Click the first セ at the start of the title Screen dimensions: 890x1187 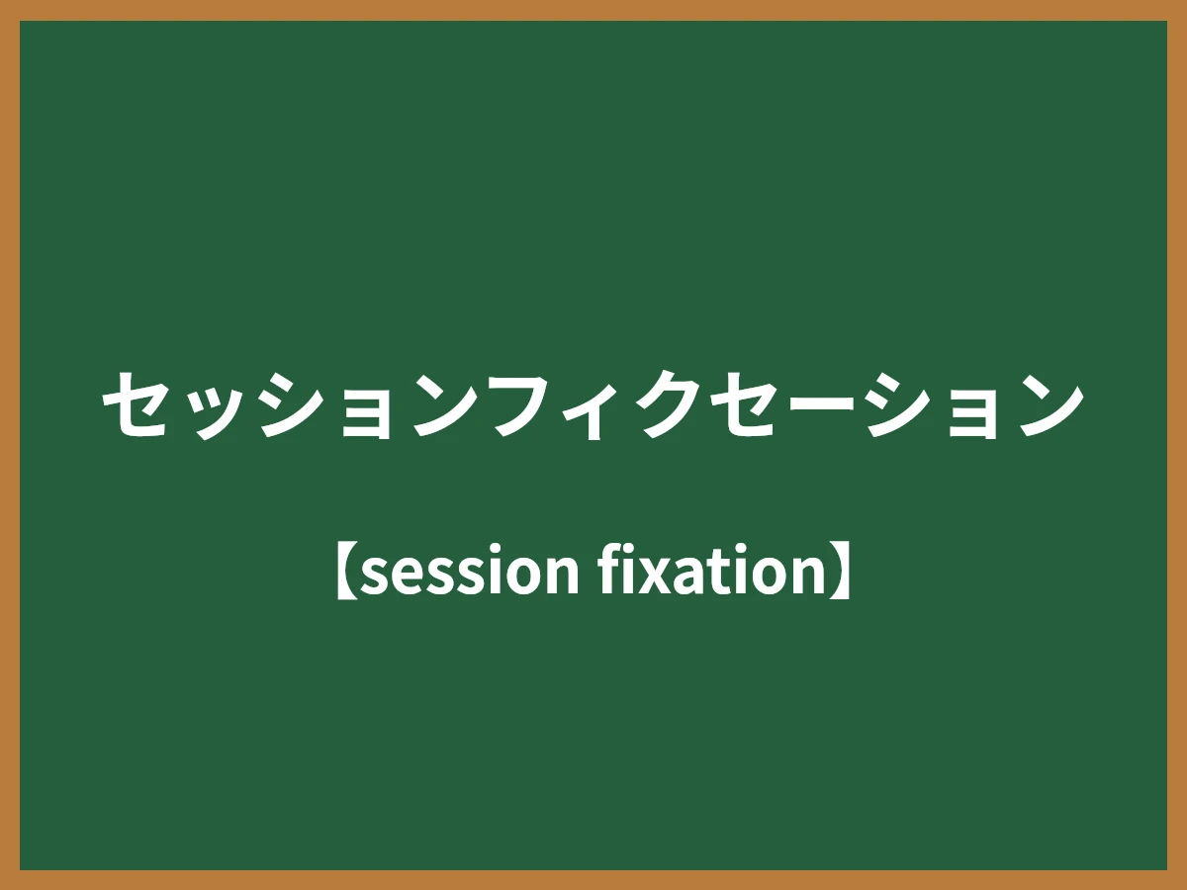coord(137,404)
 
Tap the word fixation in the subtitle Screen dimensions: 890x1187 coord(708,571)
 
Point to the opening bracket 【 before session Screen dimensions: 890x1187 coord(345,571)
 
